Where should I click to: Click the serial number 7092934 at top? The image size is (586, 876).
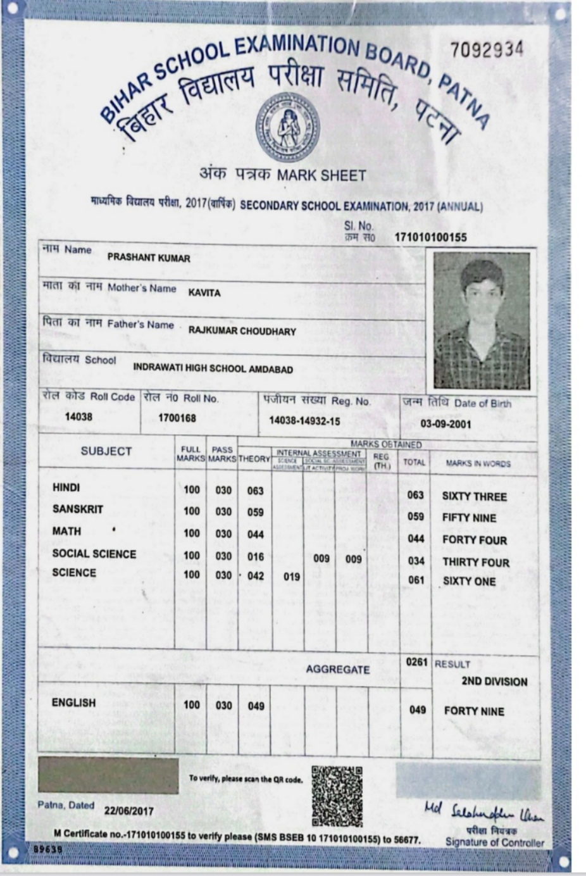pos(487,49)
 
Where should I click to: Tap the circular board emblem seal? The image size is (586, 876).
pos(287,125)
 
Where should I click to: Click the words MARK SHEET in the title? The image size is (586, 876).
pos(322,175)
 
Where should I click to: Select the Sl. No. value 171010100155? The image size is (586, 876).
pos(430,237)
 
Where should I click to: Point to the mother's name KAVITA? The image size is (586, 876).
pos(204,293)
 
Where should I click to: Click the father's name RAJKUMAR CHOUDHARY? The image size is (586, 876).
pos(242,331)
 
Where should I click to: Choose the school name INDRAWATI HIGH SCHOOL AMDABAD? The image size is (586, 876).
pos(213,368)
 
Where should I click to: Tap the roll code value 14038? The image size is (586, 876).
pos(78,416)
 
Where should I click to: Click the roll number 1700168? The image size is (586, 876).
pos(177,418)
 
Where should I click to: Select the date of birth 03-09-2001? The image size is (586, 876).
pos(446,423)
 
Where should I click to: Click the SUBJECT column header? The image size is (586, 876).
pos(106,451)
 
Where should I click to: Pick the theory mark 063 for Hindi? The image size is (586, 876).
pos(255,491)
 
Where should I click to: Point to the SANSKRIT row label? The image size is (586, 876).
pos(77,509)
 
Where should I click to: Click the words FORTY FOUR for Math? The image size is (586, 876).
pos(474,540)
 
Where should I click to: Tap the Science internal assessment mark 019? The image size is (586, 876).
pos(291,577)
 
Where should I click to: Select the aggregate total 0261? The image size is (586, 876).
pos(416,662)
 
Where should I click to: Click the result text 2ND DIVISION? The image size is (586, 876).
pos(494,682)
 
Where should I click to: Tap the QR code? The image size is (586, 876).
pos(337,796)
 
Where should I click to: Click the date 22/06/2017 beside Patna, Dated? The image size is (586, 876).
pos(129,810)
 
